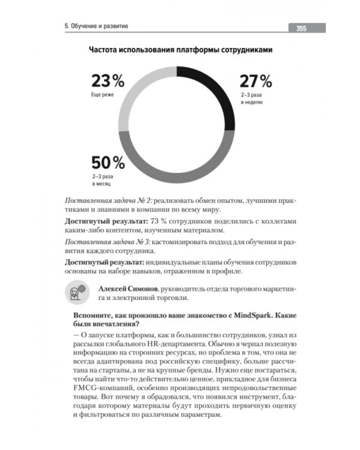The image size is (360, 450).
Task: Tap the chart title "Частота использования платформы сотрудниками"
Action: click(x=180, y=50)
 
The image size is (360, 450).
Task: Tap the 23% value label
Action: click(x=107, y=81)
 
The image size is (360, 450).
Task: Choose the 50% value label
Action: click(x=108, y=163)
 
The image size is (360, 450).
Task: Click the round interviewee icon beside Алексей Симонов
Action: click(x=75, y=292)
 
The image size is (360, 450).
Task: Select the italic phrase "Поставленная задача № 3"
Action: click(x=109, y=242)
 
